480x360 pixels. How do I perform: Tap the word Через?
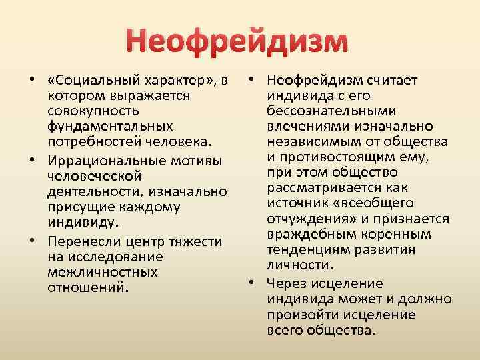point(286,283)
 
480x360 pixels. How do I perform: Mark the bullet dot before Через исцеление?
point(253,283)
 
